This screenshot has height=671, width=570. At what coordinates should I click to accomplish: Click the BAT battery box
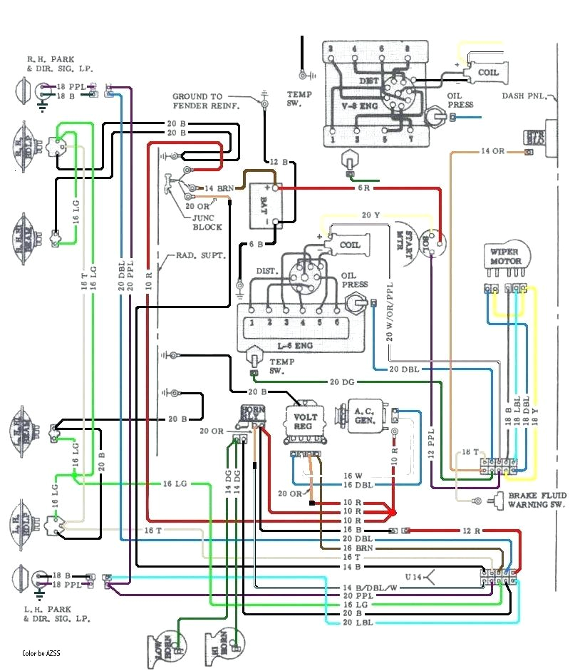(x=261, y=205)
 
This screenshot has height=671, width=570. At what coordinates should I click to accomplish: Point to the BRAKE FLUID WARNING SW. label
(x=537, y=500)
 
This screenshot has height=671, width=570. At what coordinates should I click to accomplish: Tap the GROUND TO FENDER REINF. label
(x=207, y=101)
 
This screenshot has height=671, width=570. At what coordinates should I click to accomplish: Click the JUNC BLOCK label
(x=207, y=222)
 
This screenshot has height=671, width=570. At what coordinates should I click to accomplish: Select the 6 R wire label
(x=363, y=188)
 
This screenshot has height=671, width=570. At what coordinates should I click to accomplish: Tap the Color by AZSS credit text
(x=41, y=652)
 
